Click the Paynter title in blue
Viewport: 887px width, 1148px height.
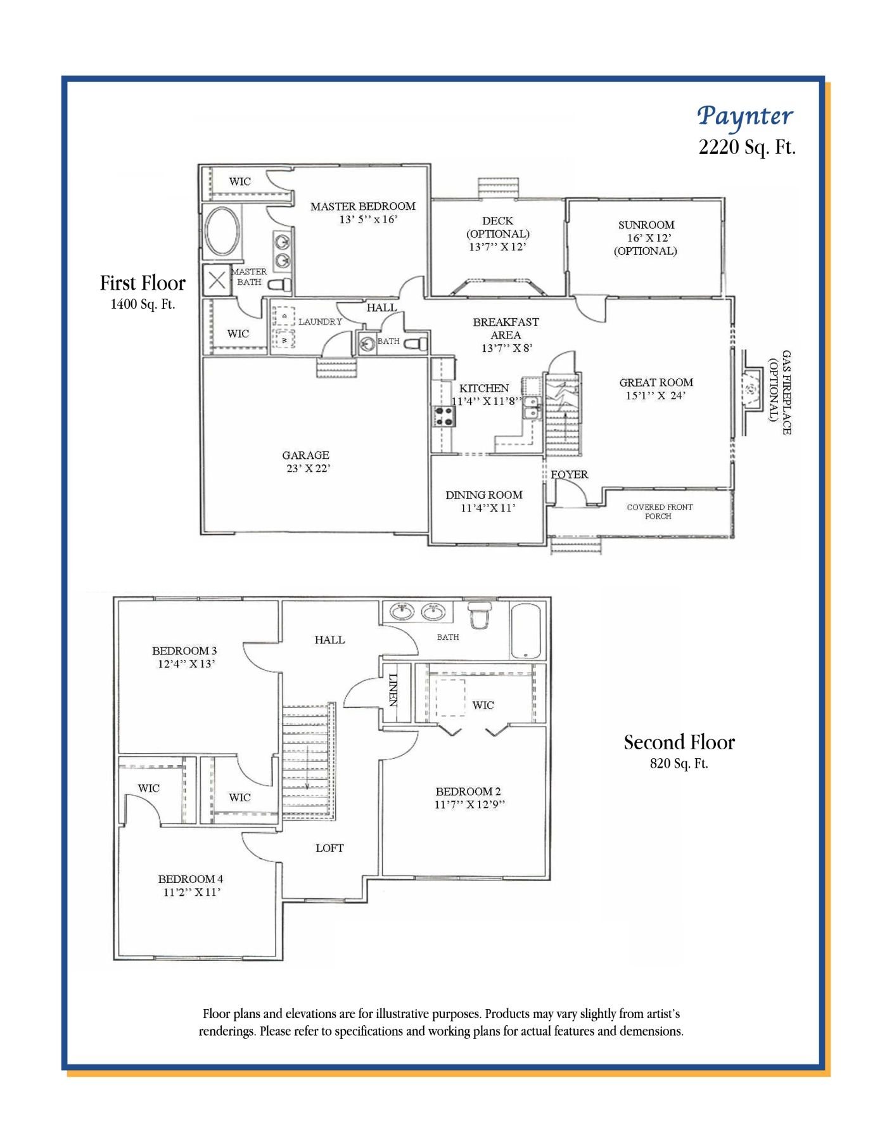pos(745,117)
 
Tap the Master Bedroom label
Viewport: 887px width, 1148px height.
pos(363,206)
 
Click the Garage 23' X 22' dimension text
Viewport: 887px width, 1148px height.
pos(309,468)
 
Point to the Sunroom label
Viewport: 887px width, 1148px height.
pos(646,225)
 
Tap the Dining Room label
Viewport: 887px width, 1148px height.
pos(484,494)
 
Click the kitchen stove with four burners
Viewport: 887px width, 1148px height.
pos(444,416)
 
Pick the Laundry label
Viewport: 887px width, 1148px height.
pos(320,321)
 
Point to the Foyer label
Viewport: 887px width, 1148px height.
pos(569,474)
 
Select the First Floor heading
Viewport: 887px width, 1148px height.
pos(143,283)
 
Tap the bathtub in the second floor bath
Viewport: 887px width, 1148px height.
pos(526,631)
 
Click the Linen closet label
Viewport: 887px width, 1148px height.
pos(393,690)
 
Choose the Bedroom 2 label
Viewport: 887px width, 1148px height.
pos(468,791)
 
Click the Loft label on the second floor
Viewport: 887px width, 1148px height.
pos(329,848)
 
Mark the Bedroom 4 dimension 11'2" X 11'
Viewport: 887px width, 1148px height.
pos(191,892)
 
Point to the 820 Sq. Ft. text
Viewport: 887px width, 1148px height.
pos(679,764)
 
